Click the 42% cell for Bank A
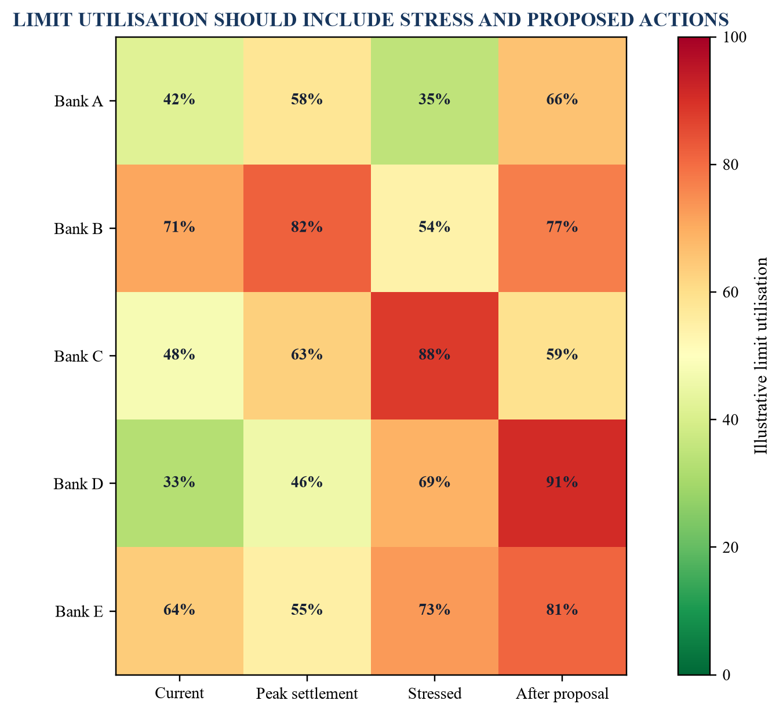click(x=179, y=101)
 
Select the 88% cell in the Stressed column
click(x=434, y=356)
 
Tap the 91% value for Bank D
click(x=562, y=483)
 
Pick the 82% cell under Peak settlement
click(x=307, y=228)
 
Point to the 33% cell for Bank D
click(x=179, y=483)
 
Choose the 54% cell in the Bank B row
click(x=434, y=228)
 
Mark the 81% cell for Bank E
click(x=562, y=610)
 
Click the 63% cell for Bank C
click(x=307, y=356)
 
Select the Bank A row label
click(x=78, y=101)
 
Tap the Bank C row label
click(x=78, y=356)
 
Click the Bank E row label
click(x=79, y=611)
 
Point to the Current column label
click(x=179, y=693)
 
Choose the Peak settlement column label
click(x=307, y=694)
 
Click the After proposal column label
click(x=562, y=694)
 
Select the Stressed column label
click(x=435, y=693)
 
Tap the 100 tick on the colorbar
click(x=734, y=37)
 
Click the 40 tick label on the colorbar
click(x=731, y=419)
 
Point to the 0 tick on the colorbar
click(x=726, y=674)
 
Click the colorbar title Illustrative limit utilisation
click(x=761, y=356)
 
